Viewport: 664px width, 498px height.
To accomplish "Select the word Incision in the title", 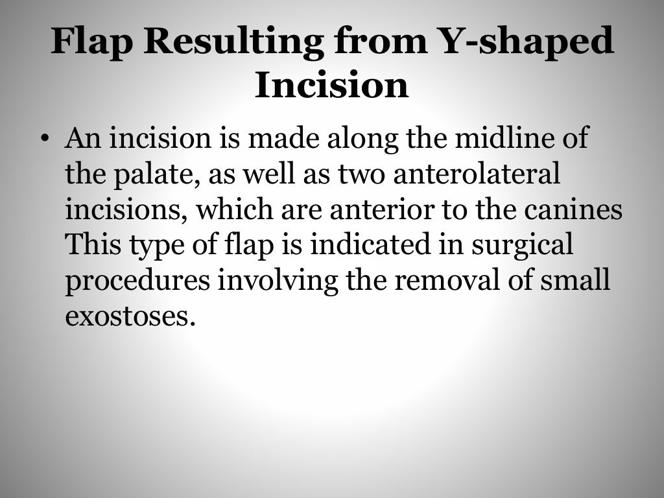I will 331,86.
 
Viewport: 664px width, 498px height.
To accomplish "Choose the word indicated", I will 363,245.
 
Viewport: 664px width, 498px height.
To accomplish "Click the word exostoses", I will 129,316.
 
